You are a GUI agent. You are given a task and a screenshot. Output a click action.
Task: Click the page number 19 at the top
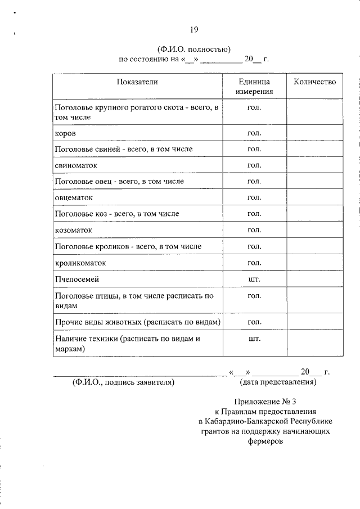(x=194, y=29)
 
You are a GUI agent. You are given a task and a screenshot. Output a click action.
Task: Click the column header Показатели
(x=137, y=82)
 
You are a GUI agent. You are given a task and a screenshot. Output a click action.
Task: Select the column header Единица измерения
(x=254, y=87)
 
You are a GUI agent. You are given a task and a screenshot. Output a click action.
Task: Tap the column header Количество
(x=314, y=82)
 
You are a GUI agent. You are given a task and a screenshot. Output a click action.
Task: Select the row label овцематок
(x=74, y=198)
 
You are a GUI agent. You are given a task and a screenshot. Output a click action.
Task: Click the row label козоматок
(x=73, y=231)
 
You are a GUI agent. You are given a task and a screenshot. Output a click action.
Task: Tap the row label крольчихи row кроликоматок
(x=80, y=263)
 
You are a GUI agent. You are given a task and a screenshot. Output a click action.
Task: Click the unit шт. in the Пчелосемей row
(x=254, y=280)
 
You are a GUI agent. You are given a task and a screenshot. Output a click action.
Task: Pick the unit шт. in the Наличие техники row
(x=254, y=339)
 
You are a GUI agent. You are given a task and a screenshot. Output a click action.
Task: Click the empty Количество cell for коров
(x=314, y=133)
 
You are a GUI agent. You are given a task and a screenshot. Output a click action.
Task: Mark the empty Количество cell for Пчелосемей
(x=314, y=280)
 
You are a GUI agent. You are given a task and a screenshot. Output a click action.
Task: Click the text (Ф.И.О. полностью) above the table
(x=194, y=49)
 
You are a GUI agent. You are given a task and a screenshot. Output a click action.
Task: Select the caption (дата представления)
(x=278, y=382)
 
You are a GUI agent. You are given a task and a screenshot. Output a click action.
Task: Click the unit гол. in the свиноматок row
(x=254, y=165)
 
